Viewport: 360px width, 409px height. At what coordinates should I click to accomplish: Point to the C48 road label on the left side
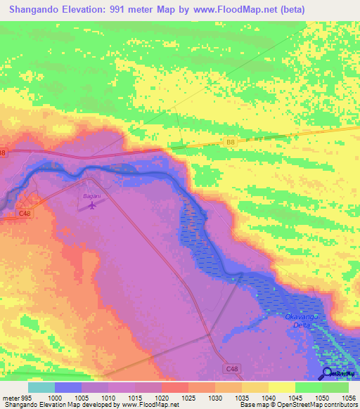25,213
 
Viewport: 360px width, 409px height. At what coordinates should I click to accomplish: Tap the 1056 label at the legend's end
348,397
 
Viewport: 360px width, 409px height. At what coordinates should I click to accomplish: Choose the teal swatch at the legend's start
41,387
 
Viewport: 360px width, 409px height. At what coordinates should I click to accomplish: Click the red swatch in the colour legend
175,387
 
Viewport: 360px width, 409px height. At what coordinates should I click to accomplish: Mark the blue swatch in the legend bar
68,387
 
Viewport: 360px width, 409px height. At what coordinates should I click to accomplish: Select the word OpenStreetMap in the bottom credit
290,405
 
